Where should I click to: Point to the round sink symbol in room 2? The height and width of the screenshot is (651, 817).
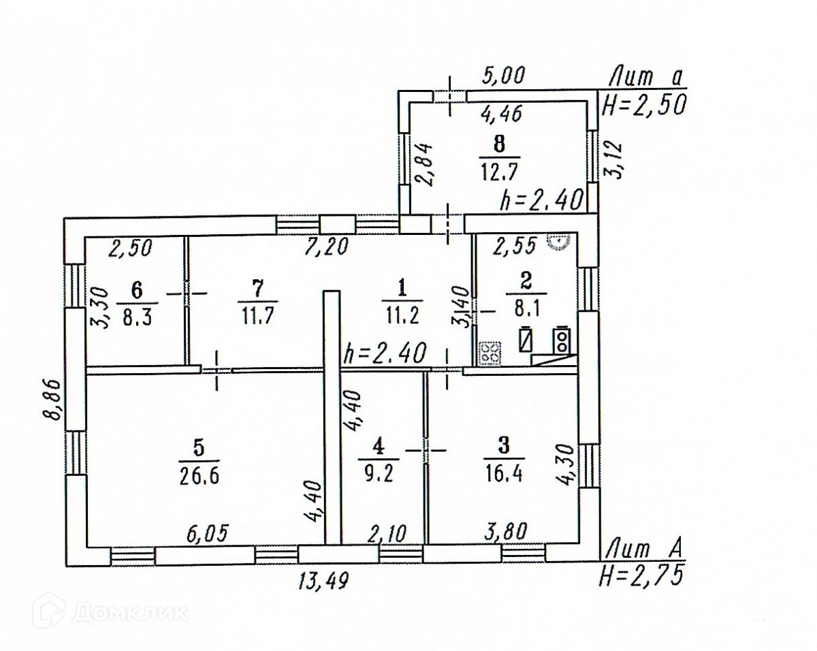coord(560,240)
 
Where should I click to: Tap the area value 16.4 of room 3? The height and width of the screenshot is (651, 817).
coord(505,471)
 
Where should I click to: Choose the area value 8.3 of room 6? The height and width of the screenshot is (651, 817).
coord(137,316)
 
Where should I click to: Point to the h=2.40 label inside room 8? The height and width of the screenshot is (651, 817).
coord(541,200)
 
